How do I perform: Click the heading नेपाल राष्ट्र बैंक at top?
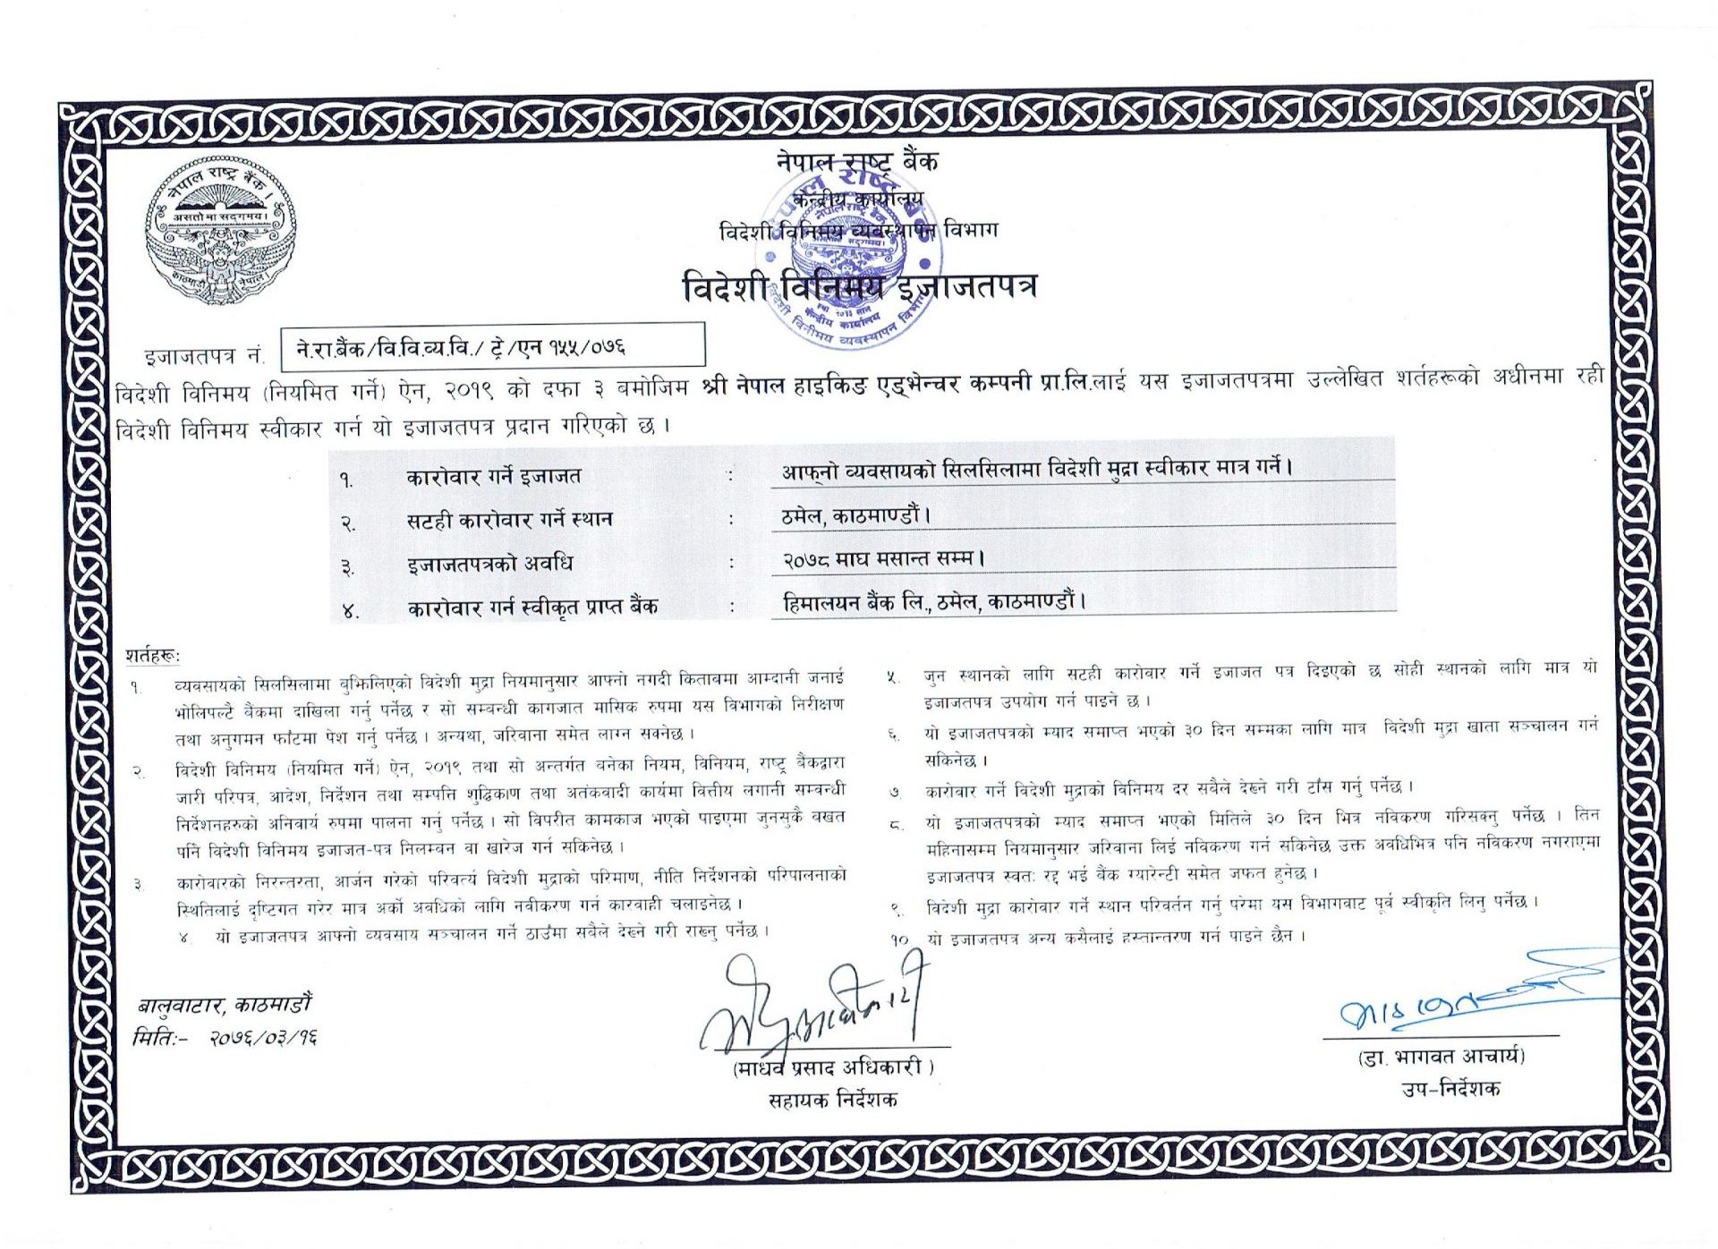tap(856, 161)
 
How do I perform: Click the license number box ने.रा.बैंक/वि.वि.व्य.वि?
tap(492, 346)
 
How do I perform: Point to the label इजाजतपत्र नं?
tap(204, 356)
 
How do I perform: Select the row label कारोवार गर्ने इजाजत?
tap(493, 476)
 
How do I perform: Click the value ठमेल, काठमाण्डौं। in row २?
tap(855, 515)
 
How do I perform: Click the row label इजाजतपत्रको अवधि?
tap(489, 564)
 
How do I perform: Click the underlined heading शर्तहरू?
tap(152, 656)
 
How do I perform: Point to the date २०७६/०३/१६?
tap(263, 1038)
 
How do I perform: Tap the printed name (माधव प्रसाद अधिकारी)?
tap(833, 1067)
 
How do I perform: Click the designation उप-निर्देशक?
tap(1450, 1089)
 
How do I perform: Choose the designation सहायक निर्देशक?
tap(833, 1100)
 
